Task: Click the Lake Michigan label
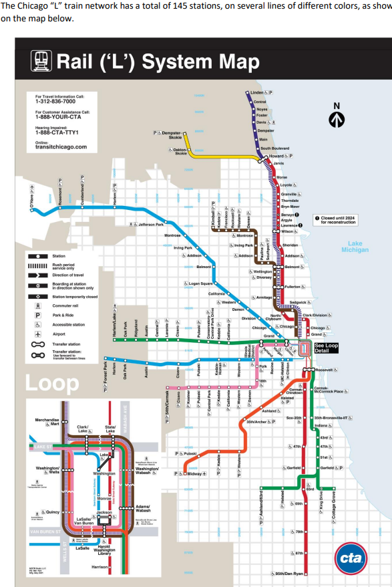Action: tap(355, 246)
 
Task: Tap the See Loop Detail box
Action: tap(327, 348)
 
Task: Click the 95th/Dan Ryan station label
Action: tap(290, 574)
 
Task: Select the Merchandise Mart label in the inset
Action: tap(47, 421)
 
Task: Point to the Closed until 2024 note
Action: tap(341, 220)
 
